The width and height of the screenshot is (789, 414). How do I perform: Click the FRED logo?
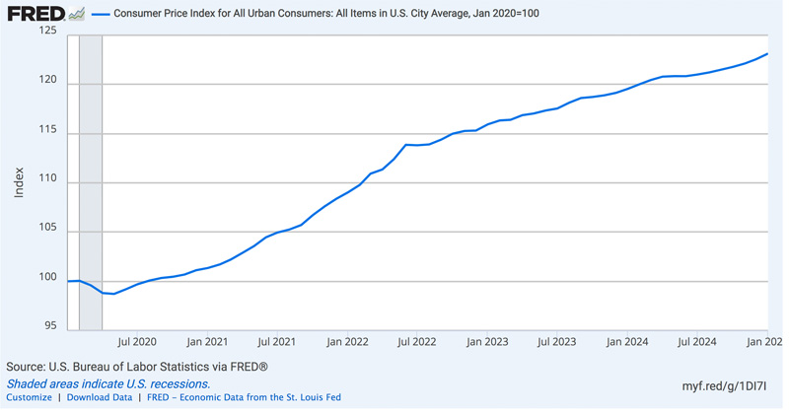point(36,14)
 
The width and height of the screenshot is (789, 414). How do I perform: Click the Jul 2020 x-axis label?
point(137,342)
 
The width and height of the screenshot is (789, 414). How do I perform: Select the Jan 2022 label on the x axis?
point(347,342)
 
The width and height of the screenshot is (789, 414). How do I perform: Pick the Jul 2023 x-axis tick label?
point(557,342)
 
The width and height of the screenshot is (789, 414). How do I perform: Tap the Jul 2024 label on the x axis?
point(696,342)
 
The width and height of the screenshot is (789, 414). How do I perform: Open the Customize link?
point(29,398)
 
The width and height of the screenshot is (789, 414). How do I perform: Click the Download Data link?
point(99,398)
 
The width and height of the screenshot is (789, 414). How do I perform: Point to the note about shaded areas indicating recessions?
point(108,383)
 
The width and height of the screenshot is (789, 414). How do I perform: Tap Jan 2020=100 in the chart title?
point(506,15)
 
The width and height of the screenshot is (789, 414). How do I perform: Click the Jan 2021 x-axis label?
point(207,342)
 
